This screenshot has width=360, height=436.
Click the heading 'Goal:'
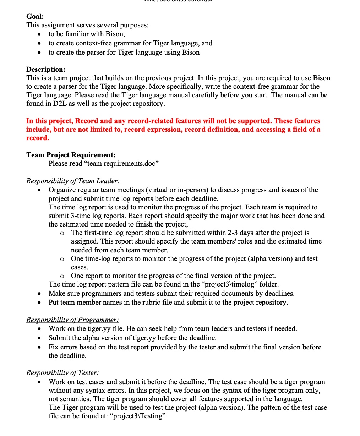tap(35, 16)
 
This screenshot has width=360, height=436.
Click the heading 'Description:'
tap(46, 69)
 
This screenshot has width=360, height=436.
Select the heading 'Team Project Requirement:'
tap(71, 155)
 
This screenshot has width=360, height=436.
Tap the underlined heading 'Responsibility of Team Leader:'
tap(73, 181)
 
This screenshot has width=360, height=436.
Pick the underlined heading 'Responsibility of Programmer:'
tap(72, 320)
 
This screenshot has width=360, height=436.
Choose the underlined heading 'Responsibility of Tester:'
tap(62, 373)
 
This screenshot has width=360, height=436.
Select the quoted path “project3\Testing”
tap(138, 416)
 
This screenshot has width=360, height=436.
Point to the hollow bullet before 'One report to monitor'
tap(62, 276)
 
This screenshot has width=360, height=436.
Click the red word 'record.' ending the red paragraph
tap(38, 138)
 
